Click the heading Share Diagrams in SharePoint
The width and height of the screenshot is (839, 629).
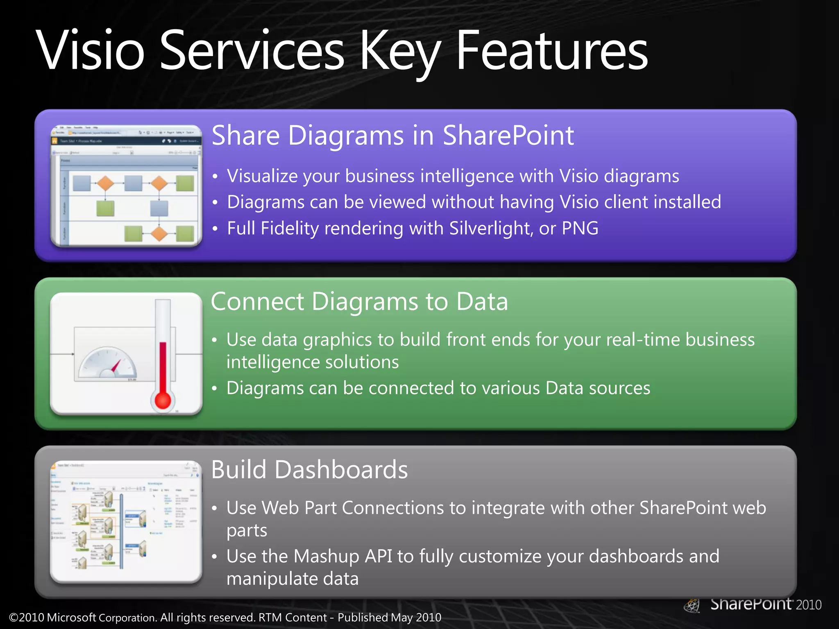[392, 136]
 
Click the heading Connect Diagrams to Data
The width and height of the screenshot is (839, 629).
[359, 302]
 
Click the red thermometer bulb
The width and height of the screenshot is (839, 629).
[163, 400]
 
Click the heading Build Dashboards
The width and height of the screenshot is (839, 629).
[309, 470]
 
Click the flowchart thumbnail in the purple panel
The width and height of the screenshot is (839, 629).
[126, 186]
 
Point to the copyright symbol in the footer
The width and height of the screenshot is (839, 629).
[14, 618]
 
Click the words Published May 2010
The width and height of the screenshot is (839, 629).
[389, 618]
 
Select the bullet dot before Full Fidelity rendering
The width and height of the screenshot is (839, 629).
[215, 229]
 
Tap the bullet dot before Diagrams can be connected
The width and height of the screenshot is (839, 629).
[214, 389]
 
